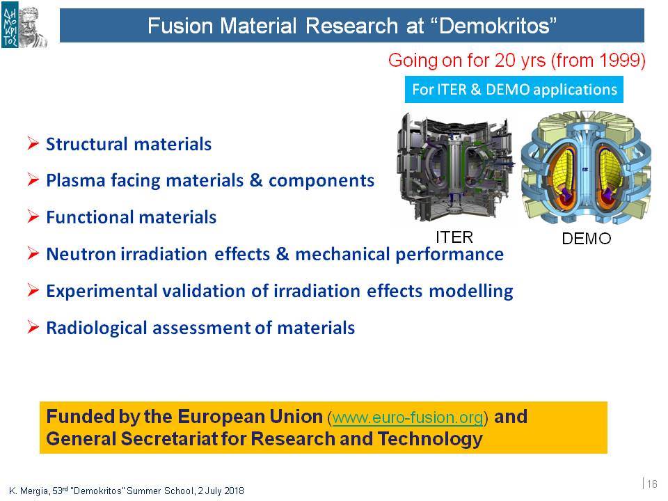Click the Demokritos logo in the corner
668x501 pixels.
(24, 26)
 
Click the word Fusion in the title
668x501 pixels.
(180, 26)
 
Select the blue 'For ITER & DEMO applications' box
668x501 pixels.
(514, 90)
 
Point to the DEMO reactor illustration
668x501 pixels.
(586, 168)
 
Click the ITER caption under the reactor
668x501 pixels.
(454, 237)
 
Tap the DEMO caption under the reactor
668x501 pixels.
(586, 239)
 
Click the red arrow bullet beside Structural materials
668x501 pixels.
(33, 143)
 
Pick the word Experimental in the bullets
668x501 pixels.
(102, 291)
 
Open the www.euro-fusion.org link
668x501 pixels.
(408, 417)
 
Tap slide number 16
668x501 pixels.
(652, 484)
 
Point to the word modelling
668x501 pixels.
(471, 291)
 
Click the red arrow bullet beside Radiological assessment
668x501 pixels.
(33, 327)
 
